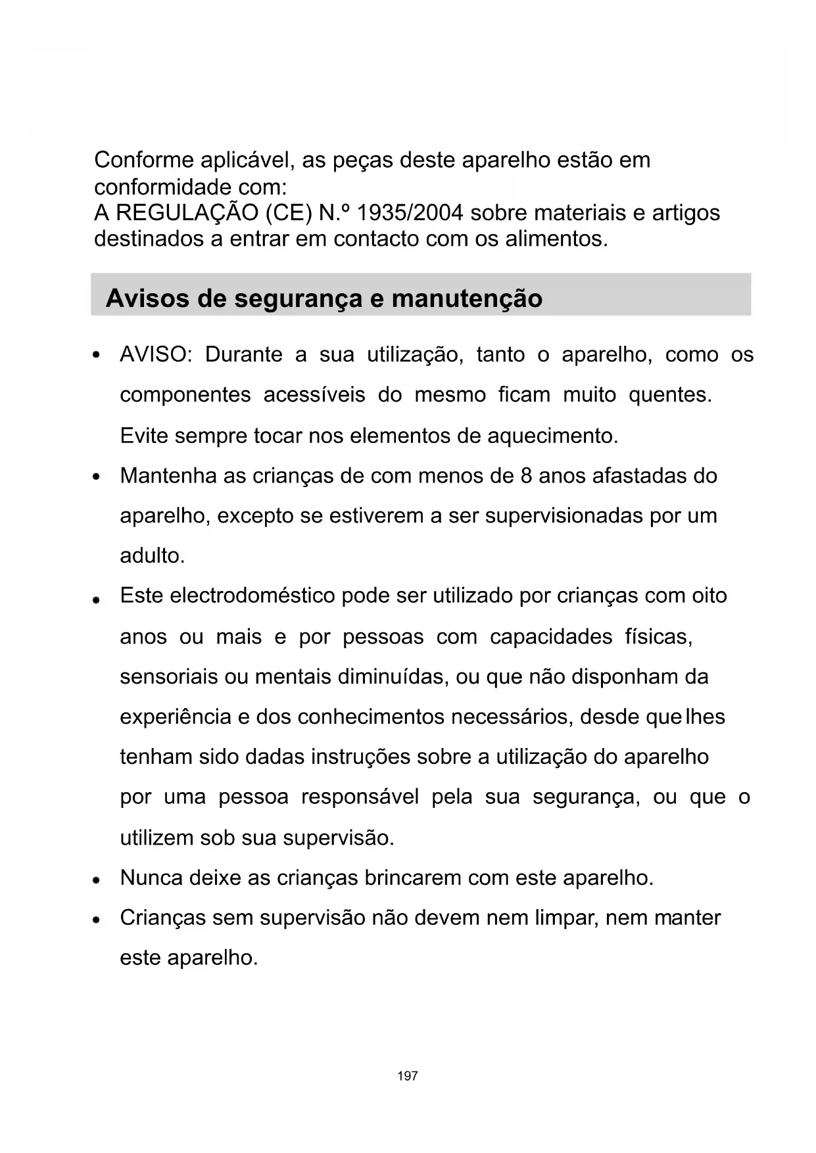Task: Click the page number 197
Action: (408, 1076)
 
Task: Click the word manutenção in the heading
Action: (467, 298)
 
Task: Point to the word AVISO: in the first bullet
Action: (155, 355)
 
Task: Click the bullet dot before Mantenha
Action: (97, 477)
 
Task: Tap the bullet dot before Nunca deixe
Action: (97, 879)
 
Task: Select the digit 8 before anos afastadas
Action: (526, 476)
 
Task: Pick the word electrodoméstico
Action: (252, 596)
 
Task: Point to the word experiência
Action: (176, 717)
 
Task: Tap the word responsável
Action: (360, 797)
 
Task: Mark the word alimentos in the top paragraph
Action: (556, 239)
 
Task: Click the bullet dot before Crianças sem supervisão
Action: (97, 919)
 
